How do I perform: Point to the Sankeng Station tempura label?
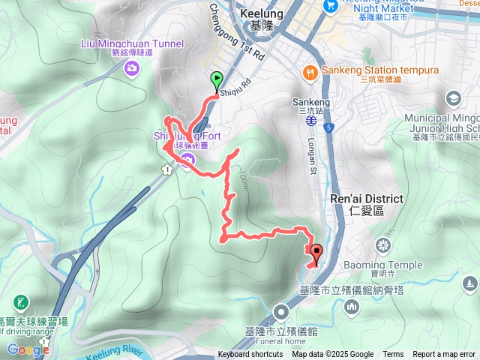click(x=379, y=70)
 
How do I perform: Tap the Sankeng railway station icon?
click(x=309, y=118)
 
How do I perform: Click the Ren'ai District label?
click(x=367, y=199)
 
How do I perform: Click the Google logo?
click(x=28, y=349)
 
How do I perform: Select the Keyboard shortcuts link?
click(x=250, y=355)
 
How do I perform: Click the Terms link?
click(x=393, y=355)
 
